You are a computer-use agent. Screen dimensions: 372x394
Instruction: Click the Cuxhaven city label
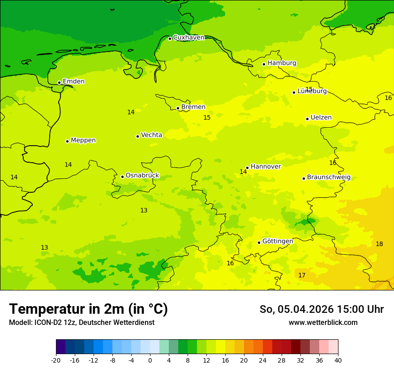click(x=188, y=38)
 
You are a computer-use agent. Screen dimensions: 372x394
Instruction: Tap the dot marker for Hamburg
click(x=264, y=64)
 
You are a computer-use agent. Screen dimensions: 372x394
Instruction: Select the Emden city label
click(x=73, y=82)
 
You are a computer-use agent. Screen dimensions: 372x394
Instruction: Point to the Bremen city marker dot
click(x=178, y=108)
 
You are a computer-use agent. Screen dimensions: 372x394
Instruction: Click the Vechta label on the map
click(x=151, y=135)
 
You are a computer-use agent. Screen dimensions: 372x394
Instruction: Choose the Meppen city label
click(x=83, y=140)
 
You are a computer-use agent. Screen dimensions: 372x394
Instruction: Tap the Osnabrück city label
click(x=142, y=175)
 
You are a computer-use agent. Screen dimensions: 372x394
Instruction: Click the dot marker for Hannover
click(x=247, y=168)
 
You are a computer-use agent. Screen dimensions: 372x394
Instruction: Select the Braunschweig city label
click(x=329, y=177)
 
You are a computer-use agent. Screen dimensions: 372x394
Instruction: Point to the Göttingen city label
click(x=278, y=241)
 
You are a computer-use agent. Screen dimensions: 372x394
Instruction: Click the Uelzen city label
click(x=321, y=117)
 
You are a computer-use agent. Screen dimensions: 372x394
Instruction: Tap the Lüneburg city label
click(x=312, y=91)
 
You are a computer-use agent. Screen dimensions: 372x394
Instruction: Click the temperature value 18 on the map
click(x=379, y=244)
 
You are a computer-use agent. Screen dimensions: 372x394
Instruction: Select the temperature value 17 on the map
click(x=302, y=275)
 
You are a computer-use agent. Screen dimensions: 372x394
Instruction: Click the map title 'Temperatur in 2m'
click(x=88, y=309)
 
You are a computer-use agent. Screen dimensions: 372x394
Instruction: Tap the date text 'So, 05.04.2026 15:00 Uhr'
click(x=321, y=309)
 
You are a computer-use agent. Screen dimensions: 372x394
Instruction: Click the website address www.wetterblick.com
click(x=323, y=322)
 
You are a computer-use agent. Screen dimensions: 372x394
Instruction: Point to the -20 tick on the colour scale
click(x=56, y=360)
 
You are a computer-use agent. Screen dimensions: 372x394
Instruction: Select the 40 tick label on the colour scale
click(x=338, y=360)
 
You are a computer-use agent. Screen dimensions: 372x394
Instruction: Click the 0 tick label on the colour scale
click(x=150, y=360)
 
